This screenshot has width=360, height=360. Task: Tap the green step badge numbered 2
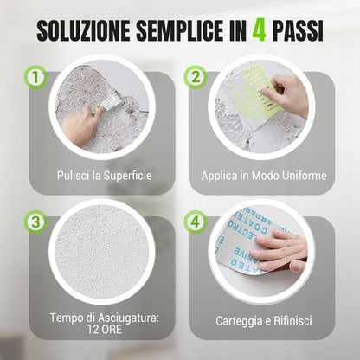coord(195,78)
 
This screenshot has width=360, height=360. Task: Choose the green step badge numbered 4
coord(195,222)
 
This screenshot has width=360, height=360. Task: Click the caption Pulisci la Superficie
coord(105,176)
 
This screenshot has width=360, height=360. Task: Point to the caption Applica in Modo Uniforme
coord(264,176)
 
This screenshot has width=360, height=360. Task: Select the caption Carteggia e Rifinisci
coord(264,320)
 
